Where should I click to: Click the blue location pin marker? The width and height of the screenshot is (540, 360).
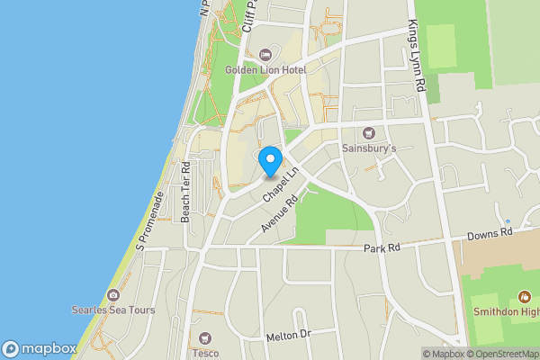tap(269, 161)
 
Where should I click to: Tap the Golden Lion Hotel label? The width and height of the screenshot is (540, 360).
tap(265, 69)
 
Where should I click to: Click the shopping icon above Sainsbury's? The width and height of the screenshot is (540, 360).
tap(367, 133)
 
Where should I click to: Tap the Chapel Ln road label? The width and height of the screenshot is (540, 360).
tap(281, 184)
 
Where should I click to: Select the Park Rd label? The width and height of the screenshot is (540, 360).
tap(382, 247)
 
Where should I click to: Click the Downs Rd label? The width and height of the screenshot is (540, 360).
tap(489, 232)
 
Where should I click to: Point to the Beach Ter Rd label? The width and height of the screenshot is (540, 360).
tap(186, 192)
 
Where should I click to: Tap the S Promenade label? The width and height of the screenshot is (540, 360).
tap(148, 221)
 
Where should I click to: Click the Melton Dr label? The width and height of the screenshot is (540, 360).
tap(288, 336)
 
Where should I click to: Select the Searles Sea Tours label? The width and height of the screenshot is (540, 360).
tap(113, 310)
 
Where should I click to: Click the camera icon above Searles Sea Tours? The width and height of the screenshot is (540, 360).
tap(113, 295)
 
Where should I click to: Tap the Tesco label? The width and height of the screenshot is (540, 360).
tap(206, 354)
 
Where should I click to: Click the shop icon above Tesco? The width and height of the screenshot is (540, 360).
tap(206, 338)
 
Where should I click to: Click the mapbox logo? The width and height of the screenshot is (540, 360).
tap(39, 348)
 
